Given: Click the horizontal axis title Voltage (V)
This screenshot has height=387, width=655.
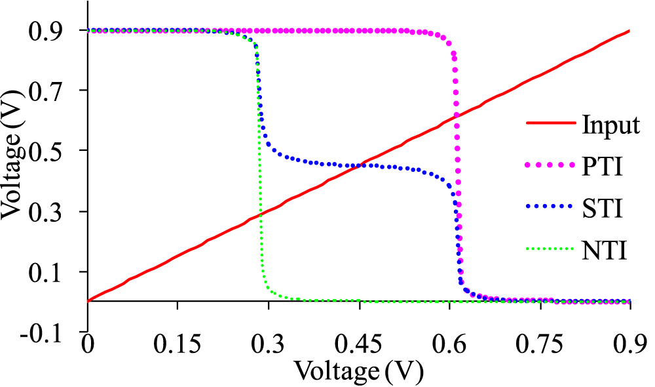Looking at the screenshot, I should pos(359,371).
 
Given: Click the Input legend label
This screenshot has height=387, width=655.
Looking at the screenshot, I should pos(610,125).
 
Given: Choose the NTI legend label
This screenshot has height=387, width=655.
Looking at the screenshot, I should pos(603,251).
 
